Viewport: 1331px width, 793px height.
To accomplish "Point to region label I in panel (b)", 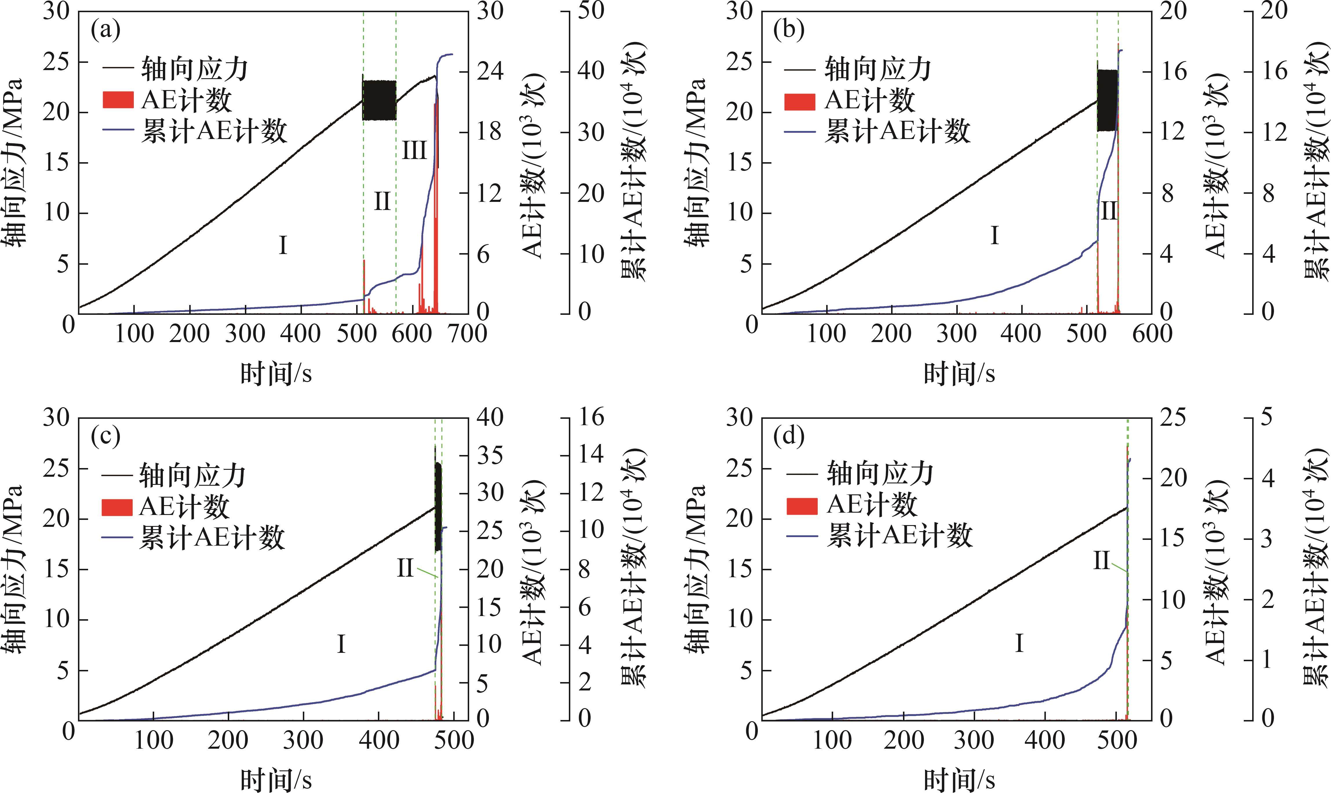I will pyautogui.click(x=994, y=236).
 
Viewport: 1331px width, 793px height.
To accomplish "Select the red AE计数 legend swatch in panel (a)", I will pyautogui.click(x=117, y=100).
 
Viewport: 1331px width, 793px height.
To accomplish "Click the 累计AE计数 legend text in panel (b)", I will pyautogui.click(x=897, y=131).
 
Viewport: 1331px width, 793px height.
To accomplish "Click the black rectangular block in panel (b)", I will pyautogui.click(x=1107, y=100).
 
